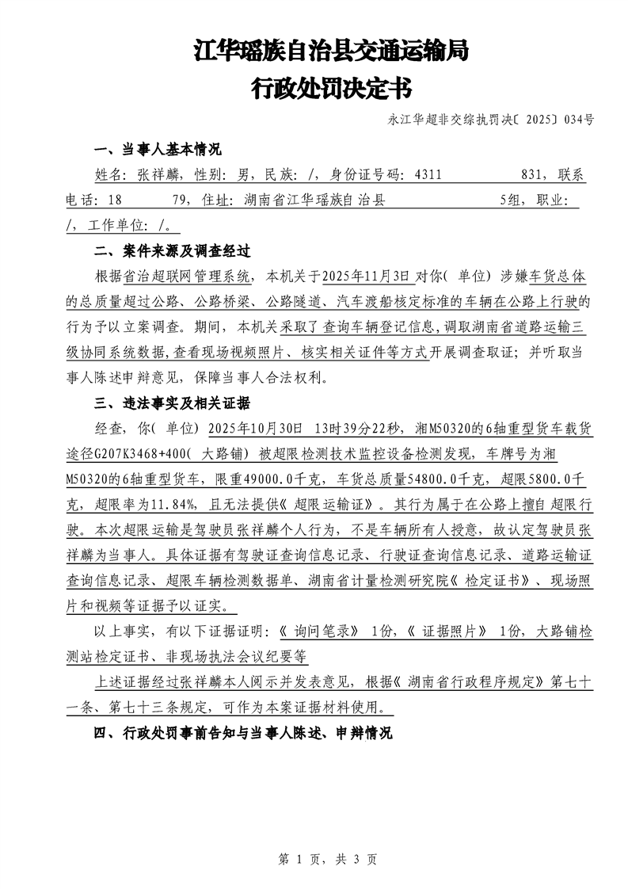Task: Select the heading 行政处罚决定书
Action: point(331,88)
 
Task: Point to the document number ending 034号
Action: point(491,120)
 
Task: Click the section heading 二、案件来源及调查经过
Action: point(172,252)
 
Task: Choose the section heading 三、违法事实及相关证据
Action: point(172,403)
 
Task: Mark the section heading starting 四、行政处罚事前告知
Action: point(242,733)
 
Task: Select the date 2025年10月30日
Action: point(254,429)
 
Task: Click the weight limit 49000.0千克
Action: point(285,479)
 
